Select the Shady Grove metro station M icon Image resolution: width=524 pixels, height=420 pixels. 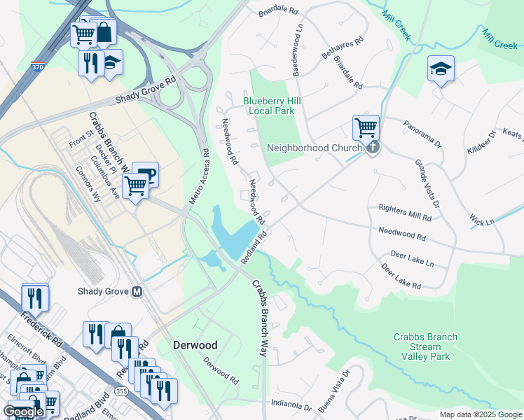(x=137, y=291)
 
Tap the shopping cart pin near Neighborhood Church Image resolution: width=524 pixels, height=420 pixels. (x=366, y=128)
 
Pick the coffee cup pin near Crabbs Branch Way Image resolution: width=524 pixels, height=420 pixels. (x=146, y=174)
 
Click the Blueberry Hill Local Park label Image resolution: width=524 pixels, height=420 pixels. (x=273, y=106)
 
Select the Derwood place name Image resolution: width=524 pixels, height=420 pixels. (x=195, y=345)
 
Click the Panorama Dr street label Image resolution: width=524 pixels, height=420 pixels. (x=423, y=134)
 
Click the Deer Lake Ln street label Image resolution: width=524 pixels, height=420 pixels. (x=412, y=258)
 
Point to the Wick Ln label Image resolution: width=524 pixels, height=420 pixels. (x=482, y=219)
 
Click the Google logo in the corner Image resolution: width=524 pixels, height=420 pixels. (x=22, y=412)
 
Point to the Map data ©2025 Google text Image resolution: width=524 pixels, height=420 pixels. (x=480, y=414)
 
